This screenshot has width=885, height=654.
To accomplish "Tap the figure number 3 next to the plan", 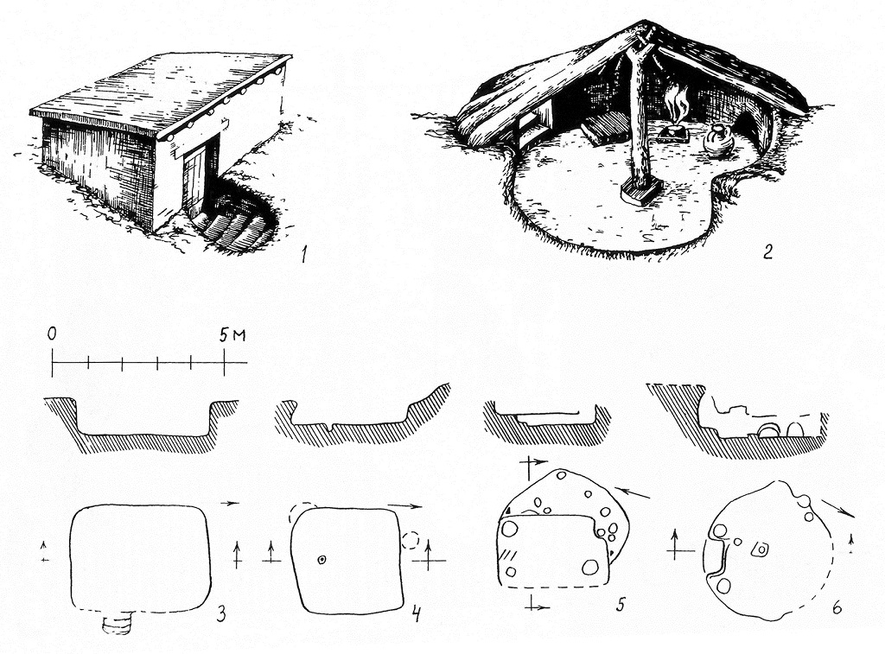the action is tap(221, 613).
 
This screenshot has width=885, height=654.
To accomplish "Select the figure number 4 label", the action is tap(416, 613).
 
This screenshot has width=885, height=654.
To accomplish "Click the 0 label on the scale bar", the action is tap(52, 334).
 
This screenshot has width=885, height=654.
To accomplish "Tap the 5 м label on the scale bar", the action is tap(232, 335).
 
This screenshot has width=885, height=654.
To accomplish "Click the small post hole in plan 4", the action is tap(322, 560).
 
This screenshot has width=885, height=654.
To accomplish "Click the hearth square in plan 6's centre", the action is tap(761, 549).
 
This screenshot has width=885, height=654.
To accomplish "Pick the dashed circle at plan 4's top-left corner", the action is tap(297, 512).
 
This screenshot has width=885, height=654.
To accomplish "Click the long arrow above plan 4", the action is tap(404, 506).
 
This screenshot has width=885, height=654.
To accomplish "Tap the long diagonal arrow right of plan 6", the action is tap(837, 507).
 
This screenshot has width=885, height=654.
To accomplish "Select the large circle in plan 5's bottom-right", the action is tap(589, 568).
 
